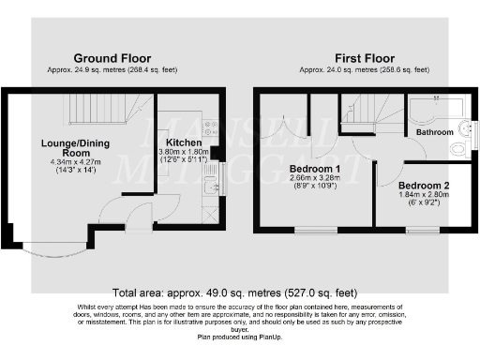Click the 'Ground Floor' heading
112,58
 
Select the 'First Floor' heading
365,58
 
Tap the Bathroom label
435,133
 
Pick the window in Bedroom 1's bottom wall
311,230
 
